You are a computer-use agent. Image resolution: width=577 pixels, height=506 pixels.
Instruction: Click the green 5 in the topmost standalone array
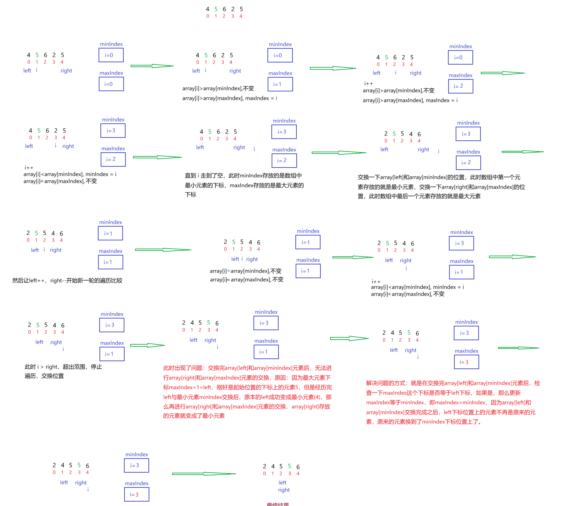pos(216,9)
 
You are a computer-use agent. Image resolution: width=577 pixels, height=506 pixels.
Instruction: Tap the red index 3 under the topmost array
pos(233,16)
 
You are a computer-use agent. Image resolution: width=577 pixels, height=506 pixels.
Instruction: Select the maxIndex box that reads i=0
pos(111,84)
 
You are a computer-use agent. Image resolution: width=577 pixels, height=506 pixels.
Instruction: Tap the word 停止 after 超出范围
pos(96,367)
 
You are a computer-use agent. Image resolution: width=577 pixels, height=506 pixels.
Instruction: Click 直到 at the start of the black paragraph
pos(190,176)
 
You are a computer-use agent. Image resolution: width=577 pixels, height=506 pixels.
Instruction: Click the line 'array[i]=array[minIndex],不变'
pos(245,271)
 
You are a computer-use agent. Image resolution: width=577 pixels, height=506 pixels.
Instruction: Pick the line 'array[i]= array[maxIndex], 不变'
pos(246,280)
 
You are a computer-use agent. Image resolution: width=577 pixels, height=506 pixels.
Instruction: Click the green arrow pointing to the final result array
pos(204,474)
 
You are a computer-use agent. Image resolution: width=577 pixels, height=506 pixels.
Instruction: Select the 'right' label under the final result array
pos(284,490)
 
